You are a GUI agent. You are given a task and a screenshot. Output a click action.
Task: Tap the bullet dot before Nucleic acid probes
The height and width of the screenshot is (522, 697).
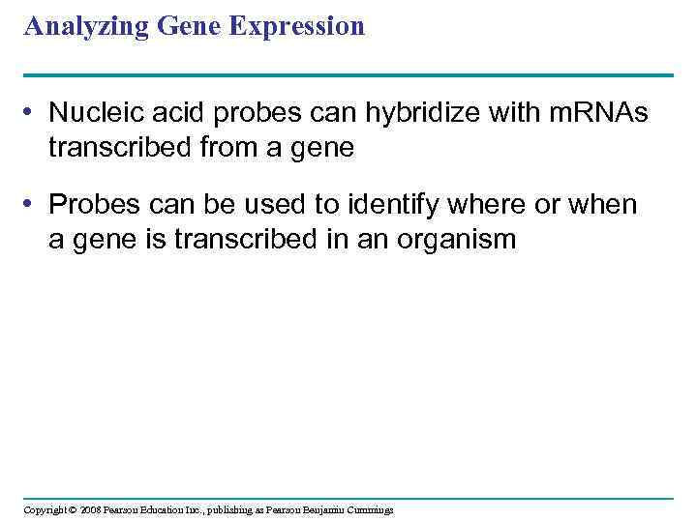[32, 113]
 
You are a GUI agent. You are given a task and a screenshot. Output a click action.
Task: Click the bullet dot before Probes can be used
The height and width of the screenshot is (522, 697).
[32, 205]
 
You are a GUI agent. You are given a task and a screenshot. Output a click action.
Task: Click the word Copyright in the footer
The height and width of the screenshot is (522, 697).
[45, 509]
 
